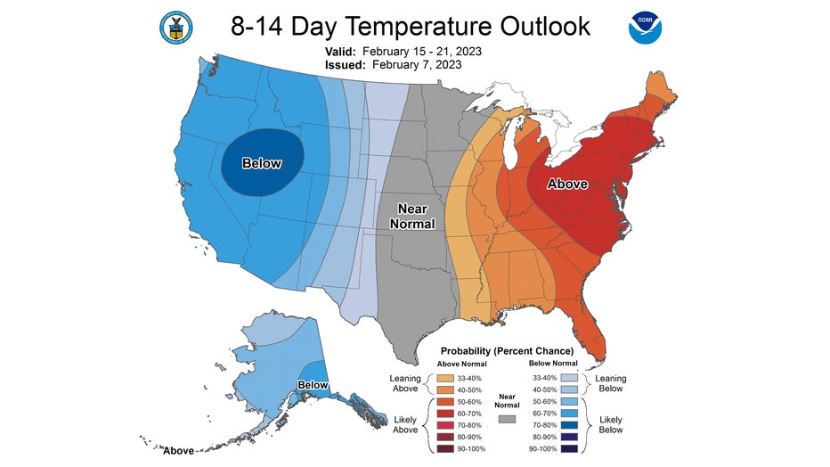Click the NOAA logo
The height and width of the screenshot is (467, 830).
click(645, 28)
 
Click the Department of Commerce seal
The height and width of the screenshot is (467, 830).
click(175, 28)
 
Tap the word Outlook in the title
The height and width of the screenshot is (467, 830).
click(545, 26)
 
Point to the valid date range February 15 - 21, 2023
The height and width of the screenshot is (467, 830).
click(422, 52)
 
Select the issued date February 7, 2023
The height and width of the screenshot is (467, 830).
click(417, 64)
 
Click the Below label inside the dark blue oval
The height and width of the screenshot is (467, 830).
click(262, 163)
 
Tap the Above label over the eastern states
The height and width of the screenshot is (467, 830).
click(567, 184)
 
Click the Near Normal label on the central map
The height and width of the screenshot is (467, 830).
click(412, 216)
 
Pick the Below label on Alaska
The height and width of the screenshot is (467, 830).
click(313, 385)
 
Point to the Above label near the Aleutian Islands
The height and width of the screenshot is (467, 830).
click(178, 451)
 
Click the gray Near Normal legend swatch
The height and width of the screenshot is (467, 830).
click(507, 419)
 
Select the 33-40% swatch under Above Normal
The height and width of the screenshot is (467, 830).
click(445, 378)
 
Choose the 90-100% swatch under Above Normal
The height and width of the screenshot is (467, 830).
click(445, 448)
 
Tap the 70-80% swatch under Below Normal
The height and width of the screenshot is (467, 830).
click(569, 425)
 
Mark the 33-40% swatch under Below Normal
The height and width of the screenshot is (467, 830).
click(569, 378)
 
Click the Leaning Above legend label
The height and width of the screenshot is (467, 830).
click(405, 383)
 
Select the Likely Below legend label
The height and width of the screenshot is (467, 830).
click(610, 424)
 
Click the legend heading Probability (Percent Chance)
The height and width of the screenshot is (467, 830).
click(507, 351)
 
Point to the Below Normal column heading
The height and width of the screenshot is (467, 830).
click(553, 364)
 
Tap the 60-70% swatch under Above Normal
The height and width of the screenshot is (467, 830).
click(445, 414)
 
